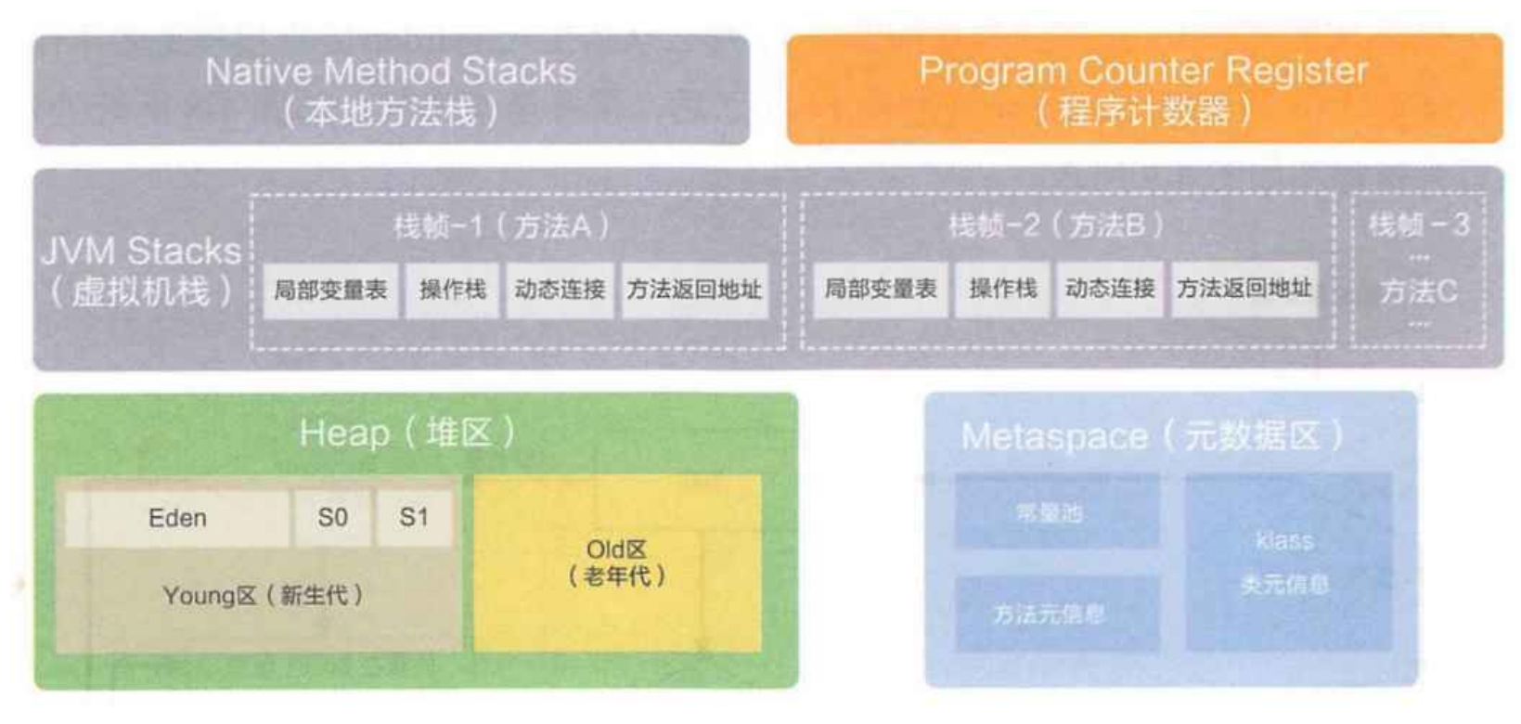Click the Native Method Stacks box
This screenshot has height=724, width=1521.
(x=391, y=90)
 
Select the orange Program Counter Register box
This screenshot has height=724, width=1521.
(x=1143, y=90)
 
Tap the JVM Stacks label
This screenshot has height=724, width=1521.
(x=141, y=270)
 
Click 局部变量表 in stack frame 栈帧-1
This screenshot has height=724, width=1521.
(x=330, y=291)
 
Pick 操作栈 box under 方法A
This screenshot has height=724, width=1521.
(x=453, y=291)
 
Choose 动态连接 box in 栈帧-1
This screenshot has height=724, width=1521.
(x=560, y=291)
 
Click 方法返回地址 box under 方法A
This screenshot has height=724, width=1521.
(x=694, y=291)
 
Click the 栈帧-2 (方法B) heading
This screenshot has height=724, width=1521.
(x=1056, y=226)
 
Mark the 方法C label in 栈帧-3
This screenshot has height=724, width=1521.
(x=1418, y=292)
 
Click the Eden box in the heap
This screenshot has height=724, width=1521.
(x=177, y=518)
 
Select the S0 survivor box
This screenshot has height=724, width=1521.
(x=332, y=518)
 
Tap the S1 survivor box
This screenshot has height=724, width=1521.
(x=414, y=518)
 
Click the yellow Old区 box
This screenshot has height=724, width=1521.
(x=617, y=563)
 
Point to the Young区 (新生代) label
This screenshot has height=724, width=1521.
(x=263, y=596)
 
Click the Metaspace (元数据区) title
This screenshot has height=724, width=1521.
(x=1152, y=435)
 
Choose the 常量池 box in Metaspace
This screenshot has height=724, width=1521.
(x=1050, y=512)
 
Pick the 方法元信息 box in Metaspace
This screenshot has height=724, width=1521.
(x=1050, y=614)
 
